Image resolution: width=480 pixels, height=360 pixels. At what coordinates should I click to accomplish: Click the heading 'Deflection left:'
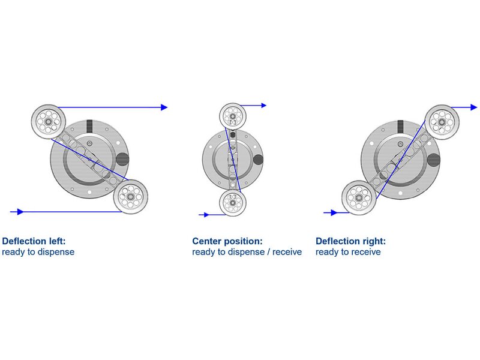34,241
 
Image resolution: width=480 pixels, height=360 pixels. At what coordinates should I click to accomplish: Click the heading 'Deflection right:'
351,241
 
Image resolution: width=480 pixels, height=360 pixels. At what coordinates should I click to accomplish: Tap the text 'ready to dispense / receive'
247,252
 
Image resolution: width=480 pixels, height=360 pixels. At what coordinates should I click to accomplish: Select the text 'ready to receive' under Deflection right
348,252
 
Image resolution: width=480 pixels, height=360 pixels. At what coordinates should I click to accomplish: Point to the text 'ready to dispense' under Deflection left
38,252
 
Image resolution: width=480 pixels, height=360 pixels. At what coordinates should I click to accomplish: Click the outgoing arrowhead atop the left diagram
164,107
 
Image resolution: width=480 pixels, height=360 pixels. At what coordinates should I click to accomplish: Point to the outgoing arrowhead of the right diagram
473,107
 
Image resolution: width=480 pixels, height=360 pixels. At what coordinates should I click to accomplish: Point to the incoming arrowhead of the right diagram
334,212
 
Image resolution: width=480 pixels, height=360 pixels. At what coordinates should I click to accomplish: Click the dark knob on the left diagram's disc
122,159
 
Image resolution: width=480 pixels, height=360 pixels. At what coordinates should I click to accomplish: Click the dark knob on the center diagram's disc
259,159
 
